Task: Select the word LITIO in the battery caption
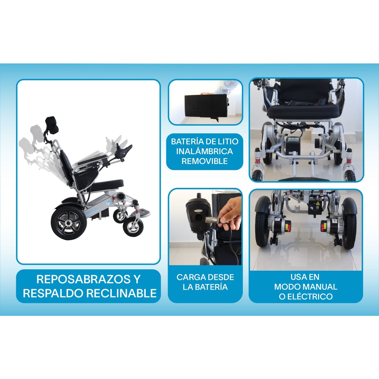227,142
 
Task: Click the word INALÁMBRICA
204,151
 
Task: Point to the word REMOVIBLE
204,161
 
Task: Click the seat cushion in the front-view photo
303,111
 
